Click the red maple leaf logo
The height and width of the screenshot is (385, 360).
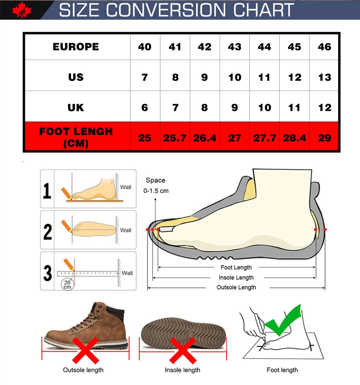(22, 10)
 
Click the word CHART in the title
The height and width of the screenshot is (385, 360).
(263, 10)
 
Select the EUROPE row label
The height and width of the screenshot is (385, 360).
(76, 47)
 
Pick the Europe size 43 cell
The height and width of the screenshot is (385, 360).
(235, 47)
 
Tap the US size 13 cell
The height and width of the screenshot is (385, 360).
(325, 77)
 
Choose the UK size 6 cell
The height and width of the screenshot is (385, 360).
(145, 108)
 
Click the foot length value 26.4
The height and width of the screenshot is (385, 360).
(204, 138)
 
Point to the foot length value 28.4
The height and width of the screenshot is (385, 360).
(294, 138)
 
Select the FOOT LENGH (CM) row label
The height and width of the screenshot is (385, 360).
(76, 137)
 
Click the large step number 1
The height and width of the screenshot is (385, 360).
(47, 191)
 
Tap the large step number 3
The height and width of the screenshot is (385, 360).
(48, 273)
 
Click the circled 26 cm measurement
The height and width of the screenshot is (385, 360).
(67, 285)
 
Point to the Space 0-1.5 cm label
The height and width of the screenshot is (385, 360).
(156, 185)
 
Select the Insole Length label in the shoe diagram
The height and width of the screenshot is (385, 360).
(236, 277)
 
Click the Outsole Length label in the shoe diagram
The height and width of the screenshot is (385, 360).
(236, 287)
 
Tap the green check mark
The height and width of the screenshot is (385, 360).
(283, 320)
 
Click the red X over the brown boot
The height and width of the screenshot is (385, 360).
(85, 350)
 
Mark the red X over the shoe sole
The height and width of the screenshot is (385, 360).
(183, 350)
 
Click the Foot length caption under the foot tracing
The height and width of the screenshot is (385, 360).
(282, 370)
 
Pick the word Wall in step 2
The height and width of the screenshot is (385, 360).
(125, 230)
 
